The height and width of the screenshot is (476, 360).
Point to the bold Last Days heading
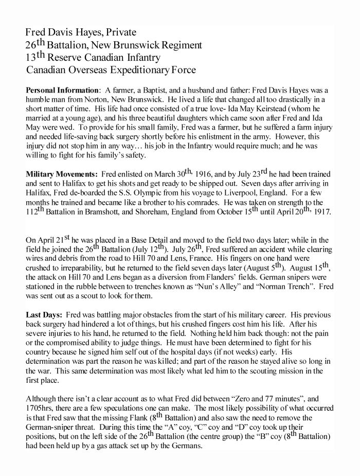45,313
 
